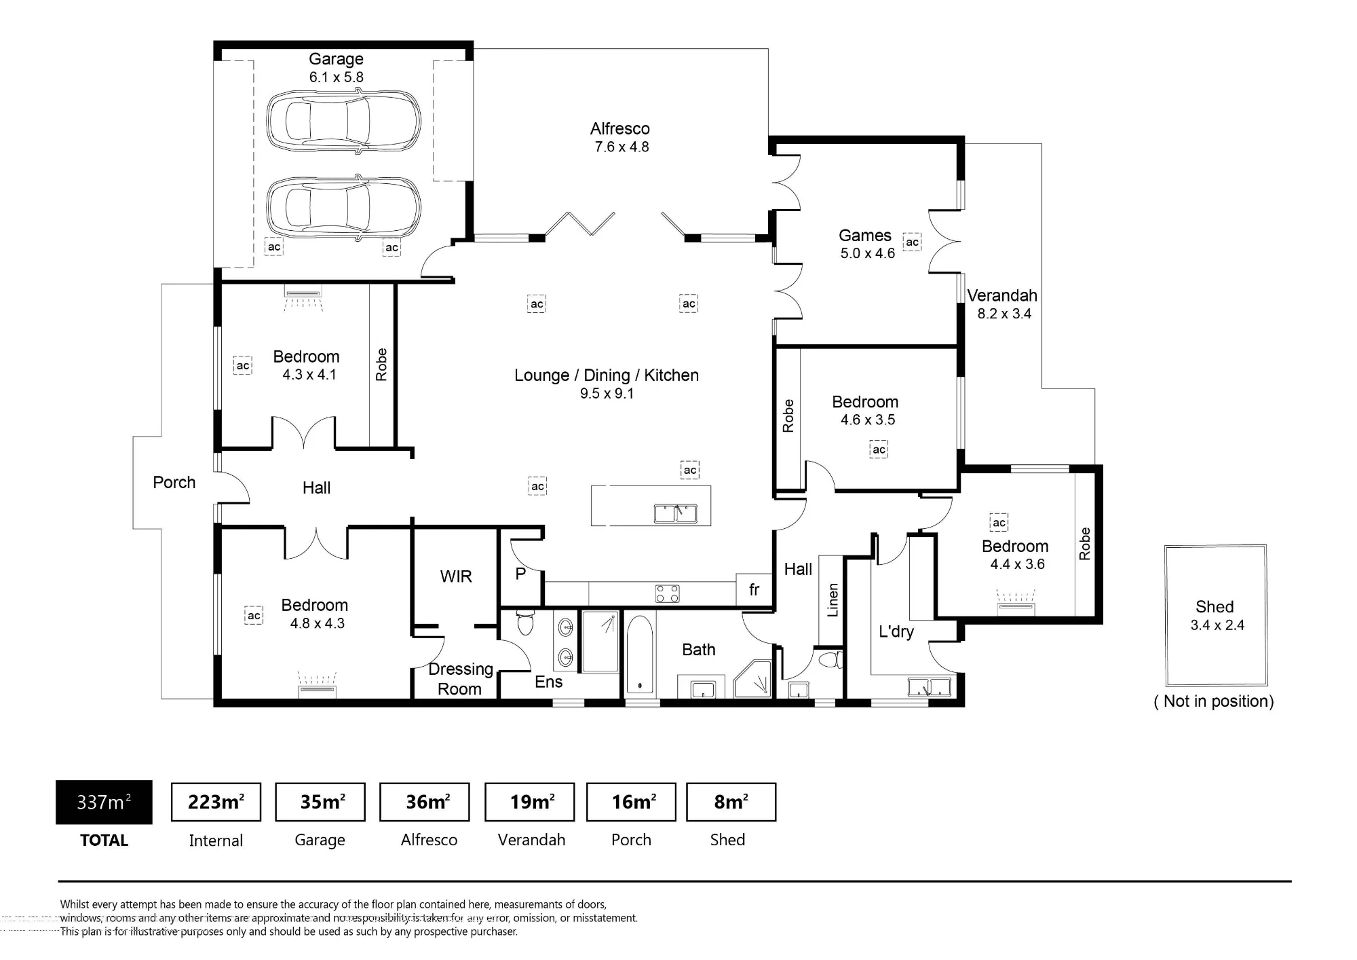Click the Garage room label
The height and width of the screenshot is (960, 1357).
(336, 59)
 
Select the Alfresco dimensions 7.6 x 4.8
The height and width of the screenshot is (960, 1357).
(622, 147)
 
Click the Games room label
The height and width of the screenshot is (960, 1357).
(865, 236)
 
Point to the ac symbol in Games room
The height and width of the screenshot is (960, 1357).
(912, 242)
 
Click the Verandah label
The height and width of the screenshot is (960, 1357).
(1002, 295)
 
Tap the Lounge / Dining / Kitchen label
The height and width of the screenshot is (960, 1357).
(607, 375)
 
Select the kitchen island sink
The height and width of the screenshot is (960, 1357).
(675, 513)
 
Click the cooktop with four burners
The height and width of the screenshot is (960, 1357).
(668, 593)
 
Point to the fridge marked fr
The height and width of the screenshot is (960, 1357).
(754, 590)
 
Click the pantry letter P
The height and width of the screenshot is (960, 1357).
(520, 574)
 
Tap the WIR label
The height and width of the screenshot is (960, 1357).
(456, 576)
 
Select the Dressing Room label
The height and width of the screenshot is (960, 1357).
(461, 679)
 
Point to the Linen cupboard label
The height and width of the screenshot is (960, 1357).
(833, 600)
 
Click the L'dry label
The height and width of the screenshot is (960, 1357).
(896, 631)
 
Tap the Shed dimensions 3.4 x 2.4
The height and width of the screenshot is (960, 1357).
(1217, 625)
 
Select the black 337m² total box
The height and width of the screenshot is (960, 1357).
(104, 802)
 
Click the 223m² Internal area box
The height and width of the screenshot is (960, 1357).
(216, 802)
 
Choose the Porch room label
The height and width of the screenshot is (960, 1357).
(174, 483)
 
